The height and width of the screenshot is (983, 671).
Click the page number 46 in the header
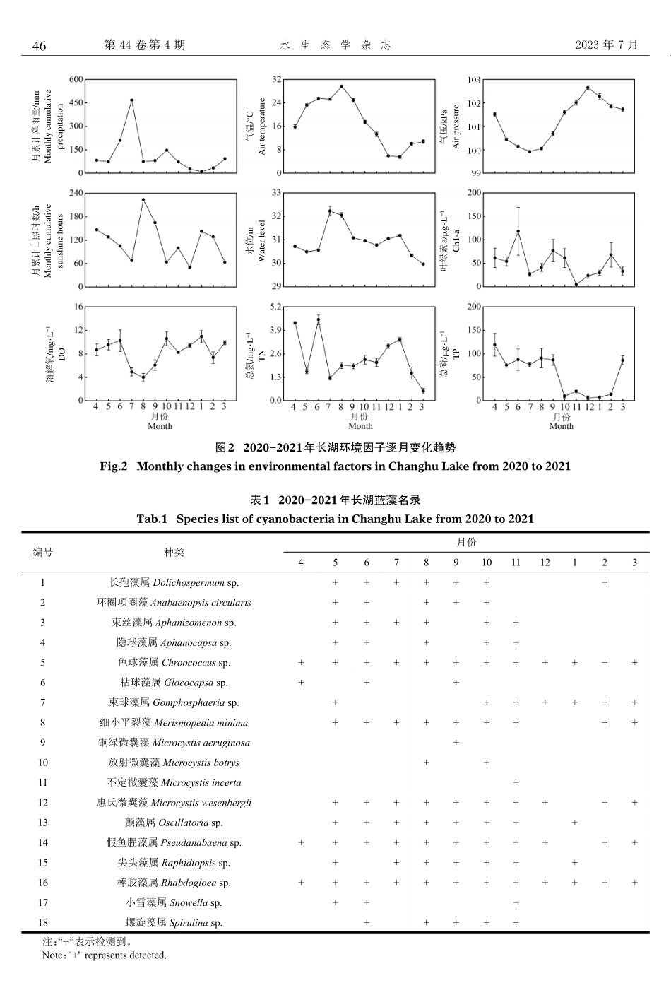pos(40,46)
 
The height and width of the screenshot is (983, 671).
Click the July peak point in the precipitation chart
pos(131,100)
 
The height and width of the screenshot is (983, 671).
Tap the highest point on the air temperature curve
pos(342,86)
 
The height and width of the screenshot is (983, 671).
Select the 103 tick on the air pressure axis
pos(475,80)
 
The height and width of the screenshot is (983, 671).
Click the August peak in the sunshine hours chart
pos(143,199)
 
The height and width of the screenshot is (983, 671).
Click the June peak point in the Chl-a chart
pos(518,231)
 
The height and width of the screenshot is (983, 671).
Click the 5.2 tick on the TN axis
pos(274,307)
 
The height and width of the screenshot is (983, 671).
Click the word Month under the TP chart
pos(562,426)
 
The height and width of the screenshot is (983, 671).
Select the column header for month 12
pos(545,563)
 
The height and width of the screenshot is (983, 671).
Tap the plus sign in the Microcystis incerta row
pos(516,782)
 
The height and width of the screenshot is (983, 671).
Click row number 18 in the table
pos(43,922)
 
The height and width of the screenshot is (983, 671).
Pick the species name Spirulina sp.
pos(196,922)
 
